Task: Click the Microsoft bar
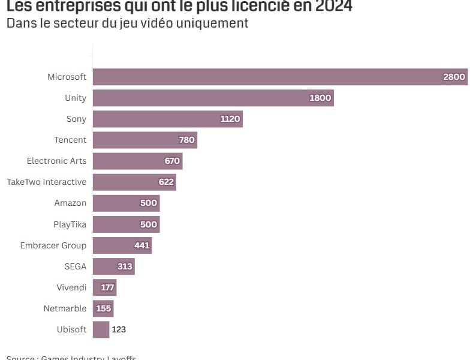coord(280,77)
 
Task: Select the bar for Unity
coord(213,98)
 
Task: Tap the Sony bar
coord(167,119)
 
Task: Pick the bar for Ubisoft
coord(101,329)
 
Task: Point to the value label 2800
coord(454,77)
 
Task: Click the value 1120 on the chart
coord(230,119)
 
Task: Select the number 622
coord(166,182)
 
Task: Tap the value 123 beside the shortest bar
coord(119,329)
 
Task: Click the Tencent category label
coord(70,140)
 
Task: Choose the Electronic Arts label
coord(56,161)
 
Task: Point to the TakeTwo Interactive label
coord(46,182)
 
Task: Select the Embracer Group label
coord(53,245)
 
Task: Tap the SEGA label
coord(76,266)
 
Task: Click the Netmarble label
coord(65,308)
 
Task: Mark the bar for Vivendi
coord(104,287)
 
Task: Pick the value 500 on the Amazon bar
coord(149,203)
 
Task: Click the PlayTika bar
coord(126,224)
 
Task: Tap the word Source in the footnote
coord(21,358)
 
